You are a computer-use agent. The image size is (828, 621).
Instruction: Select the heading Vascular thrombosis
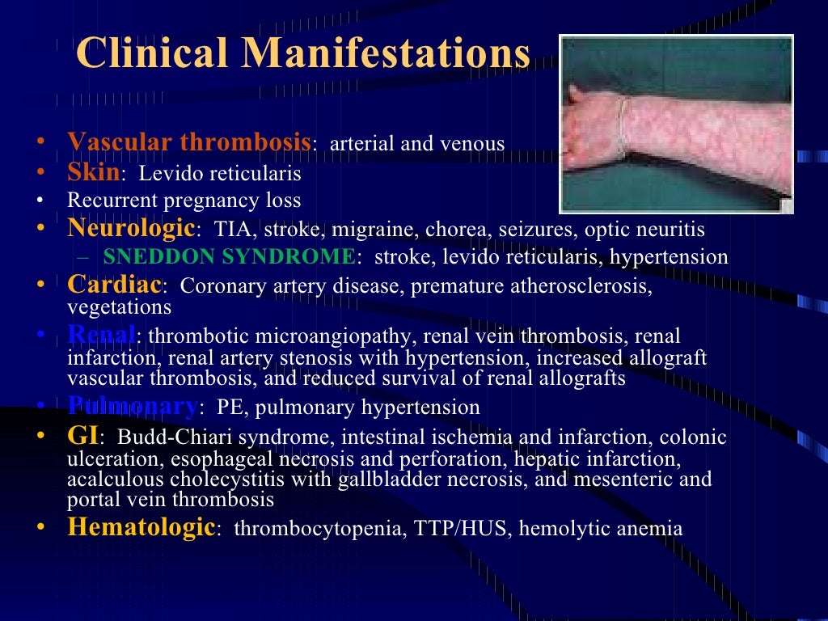[188, 142]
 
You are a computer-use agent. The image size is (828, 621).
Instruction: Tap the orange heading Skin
[93, 172]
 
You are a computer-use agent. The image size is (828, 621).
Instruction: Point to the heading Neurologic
[131, 228]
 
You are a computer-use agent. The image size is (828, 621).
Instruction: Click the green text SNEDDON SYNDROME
[229, 257]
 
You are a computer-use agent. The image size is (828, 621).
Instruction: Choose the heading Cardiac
[114, 285]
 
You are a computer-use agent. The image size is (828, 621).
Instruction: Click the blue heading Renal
[101, 334]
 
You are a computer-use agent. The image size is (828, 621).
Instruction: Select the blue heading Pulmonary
[132, 405]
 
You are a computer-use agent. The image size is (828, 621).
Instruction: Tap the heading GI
[82, 436]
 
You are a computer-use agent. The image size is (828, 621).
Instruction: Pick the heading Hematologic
[141, 527]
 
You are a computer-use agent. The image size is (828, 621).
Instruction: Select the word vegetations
[119, 307]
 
